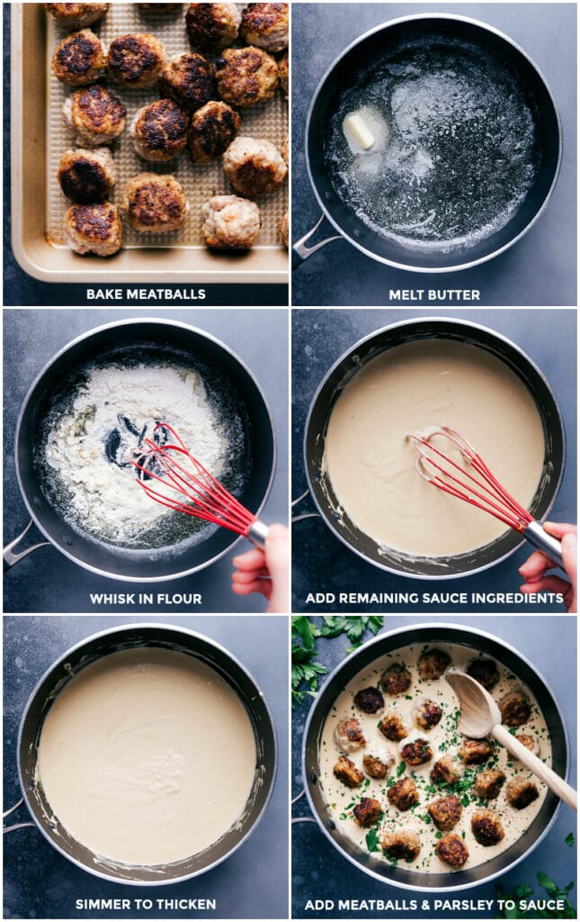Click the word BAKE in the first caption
(x=104, y=294)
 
